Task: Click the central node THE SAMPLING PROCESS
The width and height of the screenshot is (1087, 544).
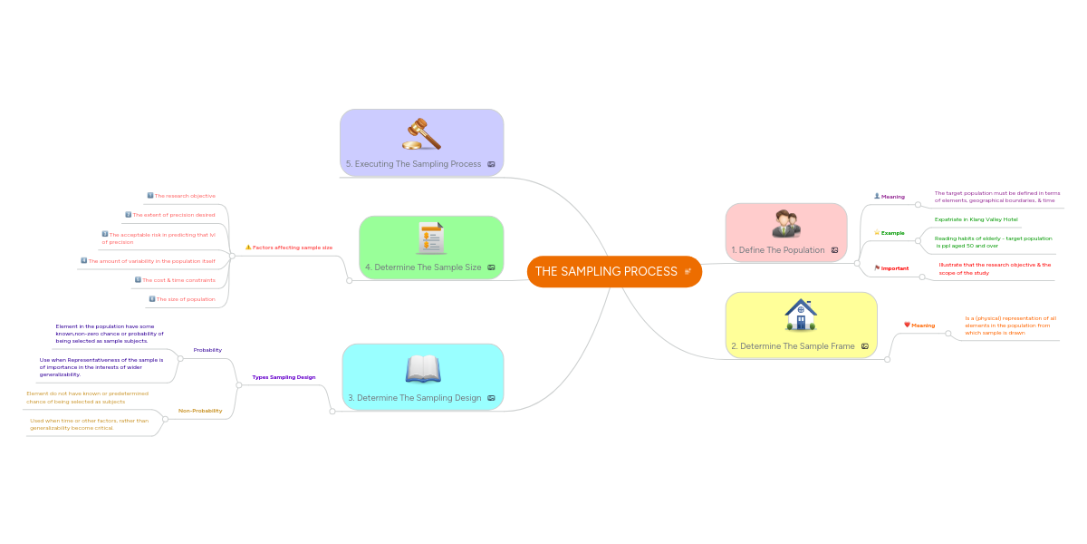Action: [606, 272]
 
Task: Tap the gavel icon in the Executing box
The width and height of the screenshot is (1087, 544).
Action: [421, 133]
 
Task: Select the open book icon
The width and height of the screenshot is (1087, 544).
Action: [422, 369]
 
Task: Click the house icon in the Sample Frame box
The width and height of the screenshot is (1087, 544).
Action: [801, 316]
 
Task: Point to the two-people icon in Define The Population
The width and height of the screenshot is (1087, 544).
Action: [785, 223]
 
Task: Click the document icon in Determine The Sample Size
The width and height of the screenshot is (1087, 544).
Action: [430, 238]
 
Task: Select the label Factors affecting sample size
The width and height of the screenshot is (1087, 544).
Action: [293, 248]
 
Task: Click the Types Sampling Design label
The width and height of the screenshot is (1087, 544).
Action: [284, 377]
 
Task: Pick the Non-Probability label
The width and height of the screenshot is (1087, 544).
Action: [200, 411]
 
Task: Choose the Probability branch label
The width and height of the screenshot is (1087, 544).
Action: [207, 350]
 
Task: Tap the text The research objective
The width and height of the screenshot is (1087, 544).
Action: [185, 196]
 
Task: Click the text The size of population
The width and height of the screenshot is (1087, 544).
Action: [186, 299]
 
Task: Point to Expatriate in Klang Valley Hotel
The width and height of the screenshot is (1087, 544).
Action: [976, 219]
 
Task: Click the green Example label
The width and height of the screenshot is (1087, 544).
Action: [892, 233]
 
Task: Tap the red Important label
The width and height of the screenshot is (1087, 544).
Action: [895, 268]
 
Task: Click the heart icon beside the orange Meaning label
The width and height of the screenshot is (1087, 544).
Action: [907, 325]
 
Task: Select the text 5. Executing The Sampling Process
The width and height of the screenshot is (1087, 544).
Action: [413, 164]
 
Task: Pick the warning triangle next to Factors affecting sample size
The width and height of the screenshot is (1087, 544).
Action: [248, 248]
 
